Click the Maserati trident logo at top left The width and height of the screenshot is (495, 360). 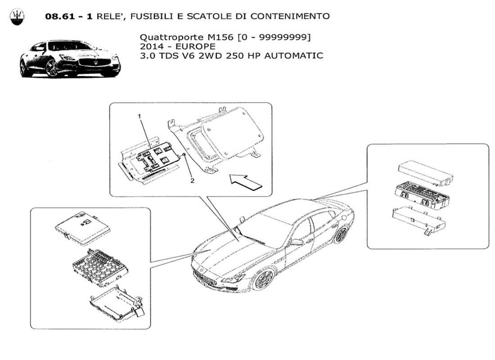click(x=17, y=17)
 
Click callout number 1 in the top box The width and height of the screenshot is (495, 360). click(x=139, y=116)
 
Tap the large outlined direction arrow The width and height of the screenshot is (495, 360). click(x=246, y=182)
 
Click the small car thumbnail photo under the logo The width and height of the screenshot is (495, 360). click(x=70, y=58)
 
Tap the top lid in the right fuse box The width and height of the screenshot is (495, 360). click(x=425, y=172)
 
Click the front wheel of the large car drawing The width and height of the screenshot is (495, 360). click(x=263, y=279)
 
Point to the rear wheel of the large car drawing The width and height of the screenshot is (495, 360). click(x=342, y=234)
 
